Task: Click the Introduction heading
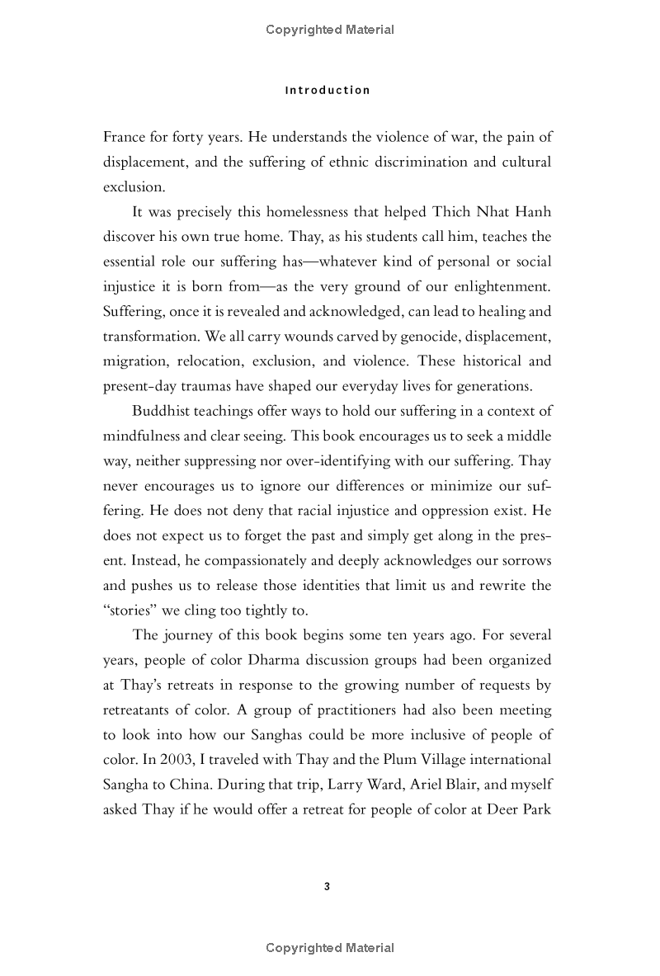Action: pos(328,91)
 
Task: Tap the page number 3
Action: pos(328,887)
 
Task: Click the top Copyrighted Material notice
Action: pos(330,30)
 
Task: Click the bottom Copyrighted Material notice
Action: pos(330,948)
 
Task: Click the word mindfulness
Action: pos(139,436)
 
